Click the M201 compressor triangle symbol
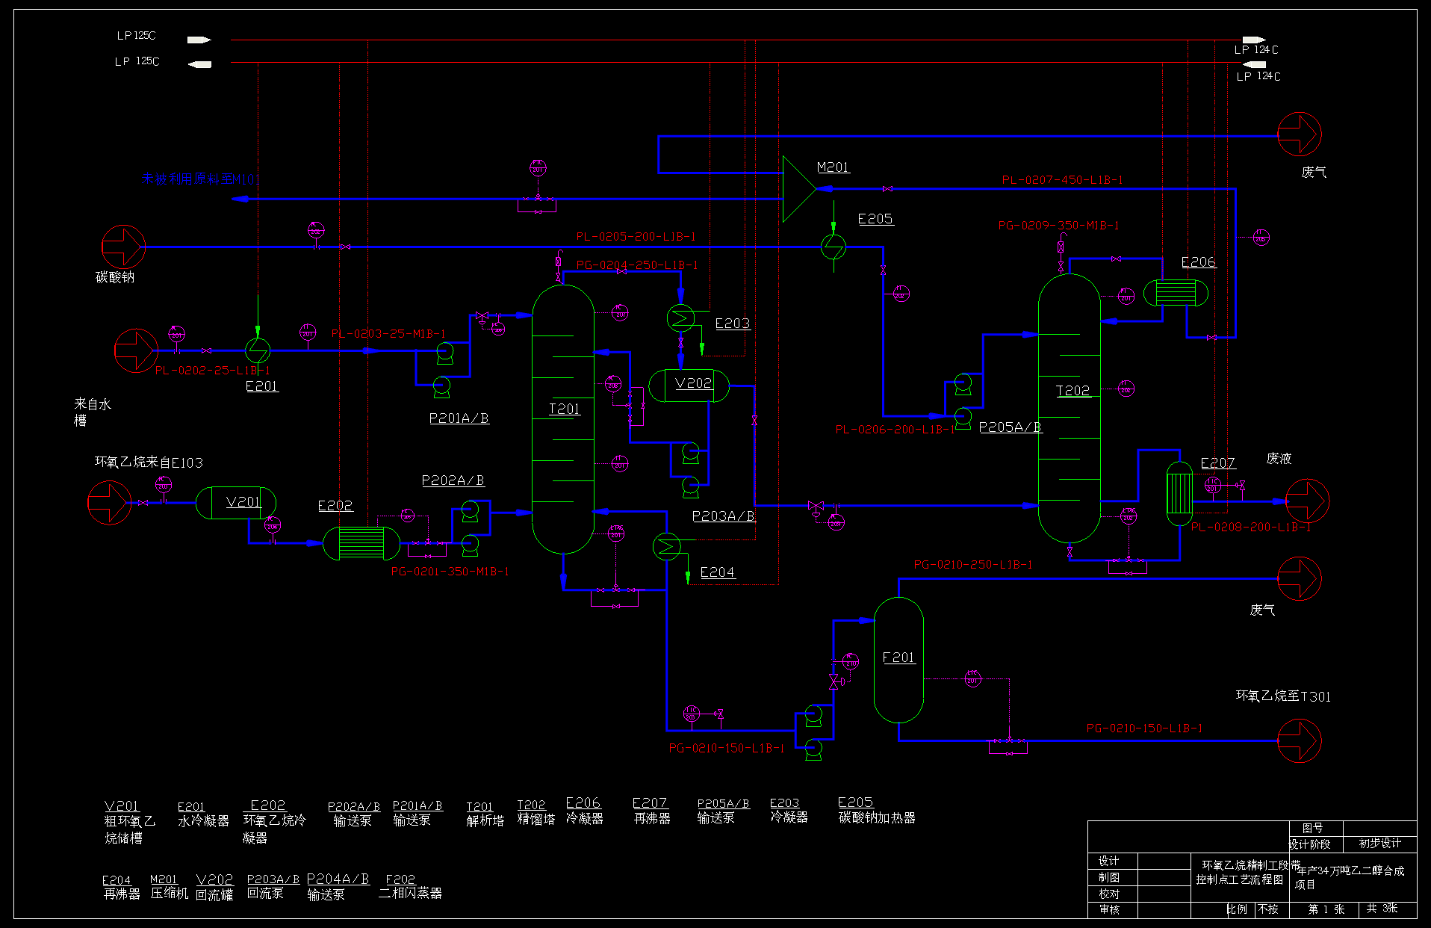click(798, 189)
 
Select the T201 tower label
click(564, 409)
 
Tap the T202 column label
click(1073, 390)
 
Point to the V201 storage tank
click(235, 503)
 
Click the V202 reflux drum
click(689, 386)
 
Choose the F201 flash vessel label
click(898, 658)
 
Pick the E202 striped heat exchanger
click(361, 543)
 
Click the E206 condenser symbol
click(1176, 292)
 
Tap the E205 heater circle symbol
click(834, 246)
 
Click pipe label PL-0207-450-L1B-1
click(1062, 180)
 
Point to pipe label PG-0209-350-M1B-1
click(1058, 226)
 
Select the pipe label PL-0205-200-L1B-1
click(636, 237)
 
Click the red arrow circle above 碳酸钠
click(123, 247)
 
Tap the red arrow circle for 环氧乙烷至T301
click(1300, 740)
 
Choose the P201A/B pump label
click(459, 418)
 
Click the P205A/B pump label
click(1010, 427)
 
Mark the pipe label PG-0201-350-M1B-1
click(450, 572)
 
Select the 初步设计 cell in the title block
click(1379, 844)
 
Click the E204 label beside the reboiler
click(717, 572)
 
